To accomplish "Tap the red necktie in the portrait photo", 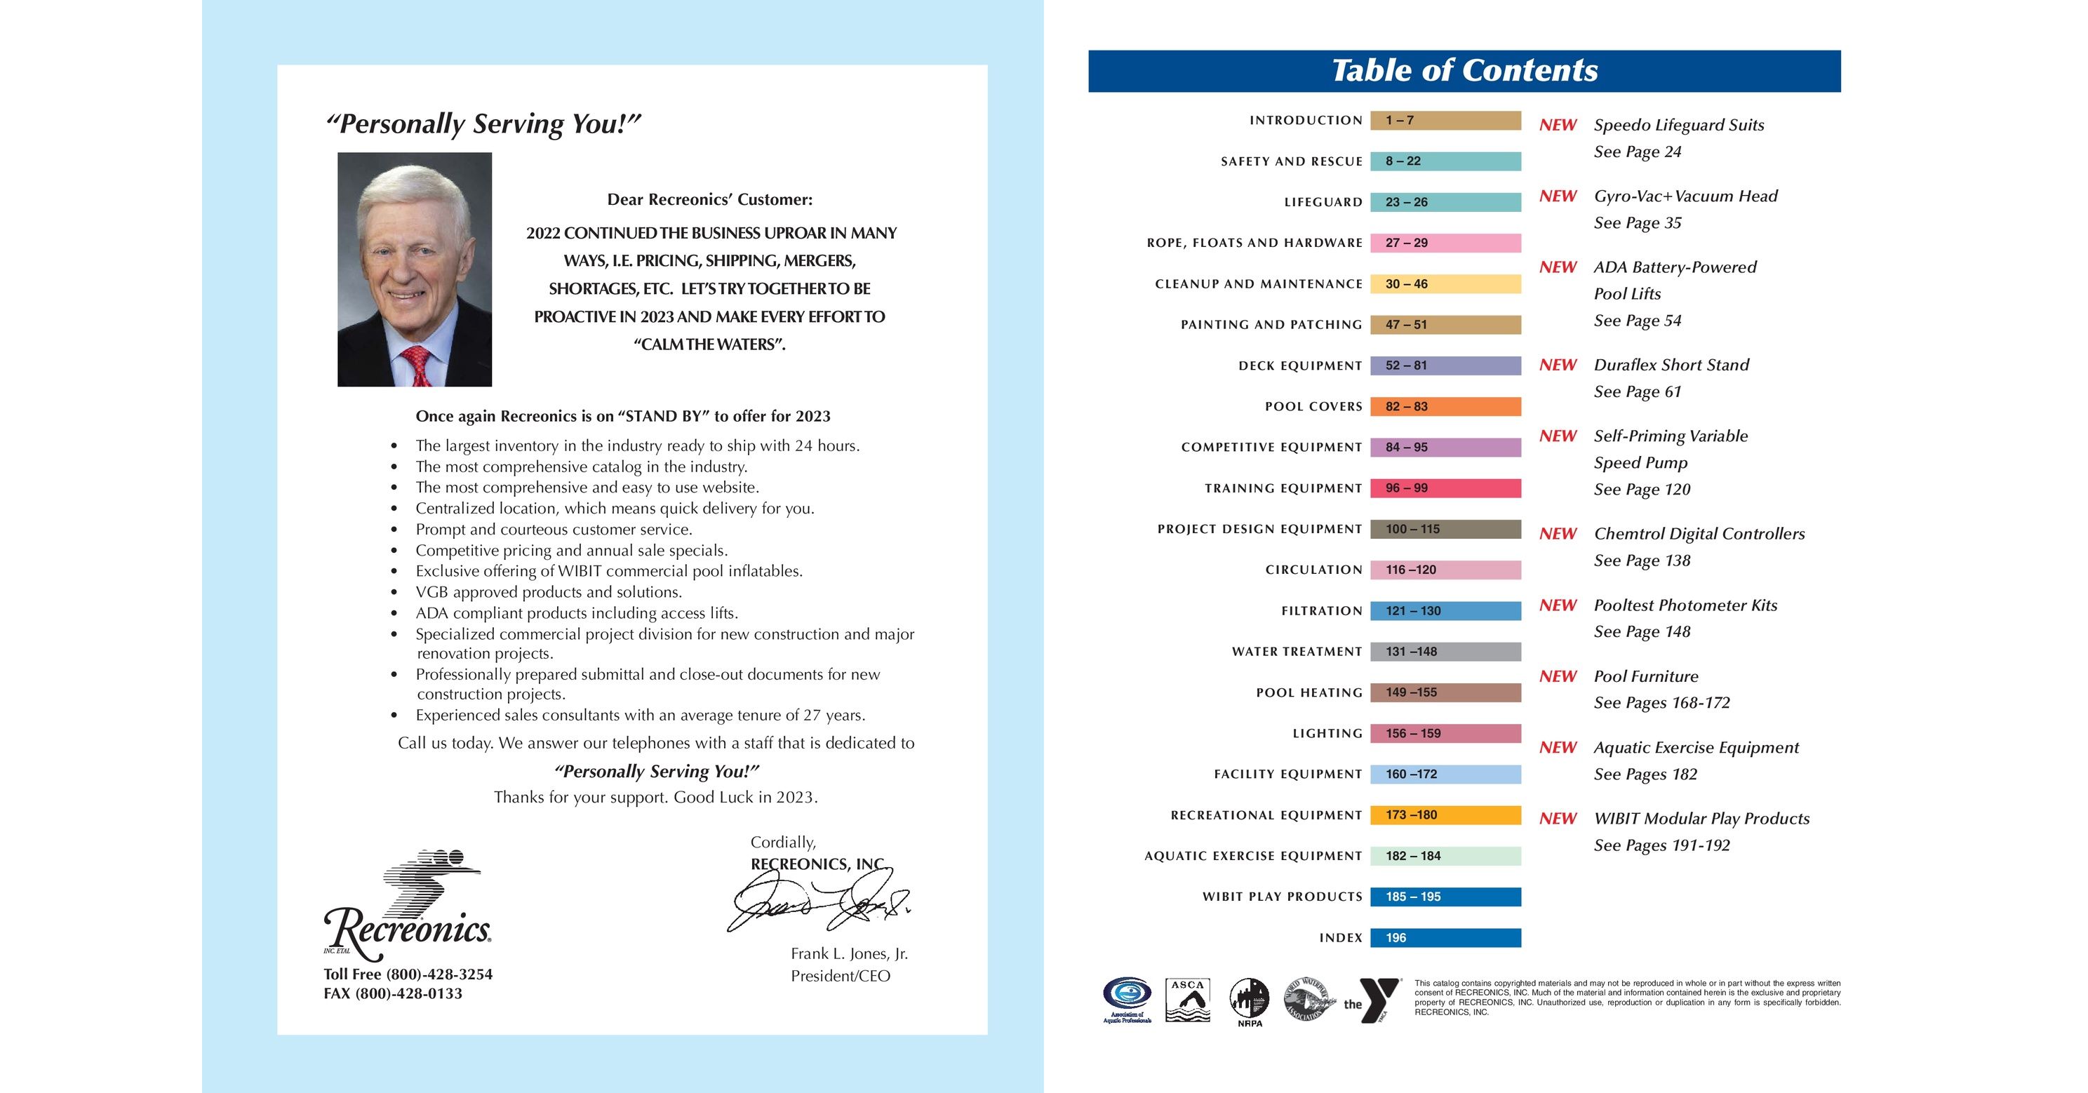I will (x=417, y=366).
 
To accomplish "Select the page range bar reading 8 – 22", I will (x=1445, y=161).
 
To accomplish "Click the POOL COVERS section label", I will (x=1313, y=407).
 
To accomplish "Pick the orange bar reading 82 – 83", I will (x=1445, y=407).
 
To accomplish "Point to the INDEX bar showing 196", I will (x=1445, y=938).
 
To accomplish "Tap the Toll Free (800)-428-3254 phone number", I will (x=408, y=974).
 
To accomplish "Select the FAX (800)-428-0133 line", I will (x=392, y=993).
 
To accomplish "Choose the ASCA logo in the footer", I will (x=1187, y=1000).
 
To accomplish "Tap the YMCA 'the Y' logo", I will (x=1373, y=1000).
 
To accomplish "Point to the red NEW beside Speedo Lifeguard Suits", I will (x=1557, y=126).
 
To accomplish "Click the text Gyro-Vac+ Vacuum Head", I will (x=1685, y=196).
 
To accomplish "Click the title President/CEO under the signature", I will (x=840, y=977).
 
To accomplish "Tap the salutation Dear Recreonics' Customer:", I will (x=709, y=199).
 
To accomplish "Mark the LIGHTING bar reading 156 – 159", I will (x=1445, y=734).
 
